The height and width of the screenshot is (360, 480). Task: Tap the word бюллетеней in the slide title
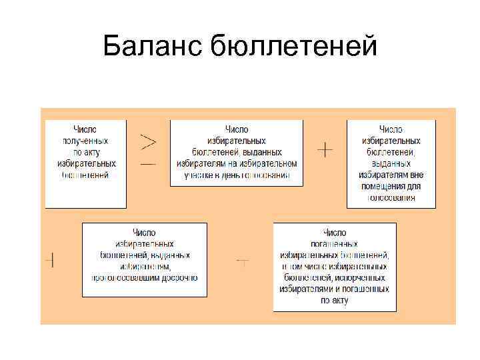tap(293, 47)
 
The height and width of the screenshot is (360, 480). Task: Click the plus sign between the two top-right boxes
tap(325, 150)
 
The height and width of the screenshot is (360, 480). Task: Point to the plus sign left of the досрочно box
tap(50, 261)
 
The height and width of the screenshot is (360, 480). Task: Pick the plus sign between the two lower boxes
tap(243, 263)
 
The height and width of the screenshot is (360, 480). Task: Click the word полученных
tap(85, 141)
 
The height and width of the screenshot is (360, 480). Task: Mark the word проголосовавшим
tap(129, 277)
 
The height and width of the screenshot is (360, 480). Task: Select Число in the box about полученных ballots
tap(85, 129)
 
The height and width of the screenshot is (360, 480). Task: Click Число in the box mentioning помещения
tap(391, 129)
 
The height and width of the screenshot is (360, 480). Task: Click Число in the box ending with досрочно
tap(144, 233)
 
